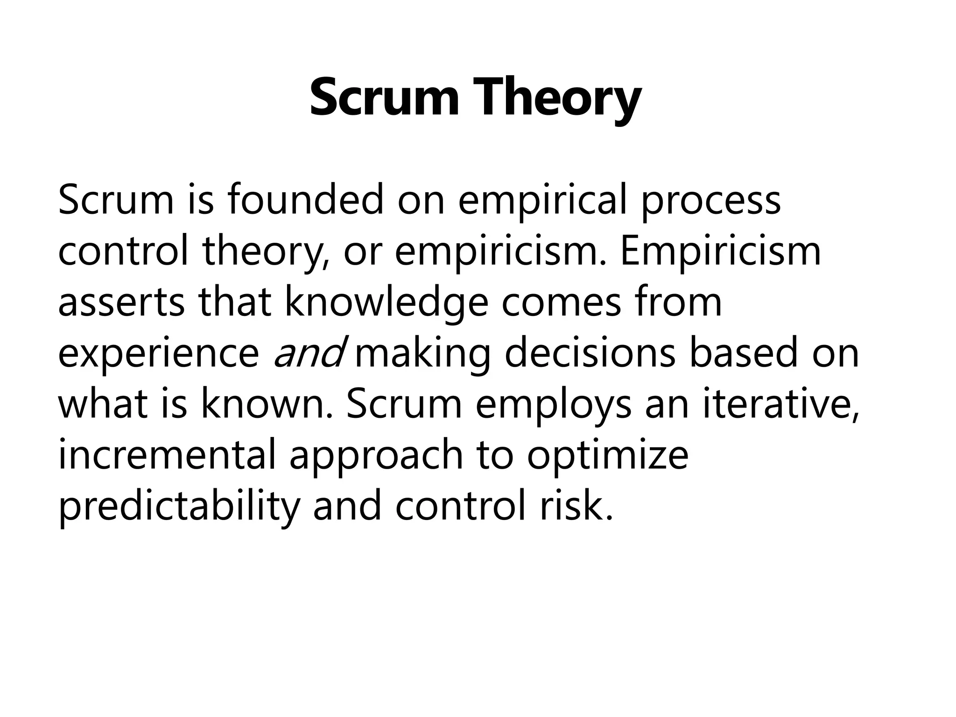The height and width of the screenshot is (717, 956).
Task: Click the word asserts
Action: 121,302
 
